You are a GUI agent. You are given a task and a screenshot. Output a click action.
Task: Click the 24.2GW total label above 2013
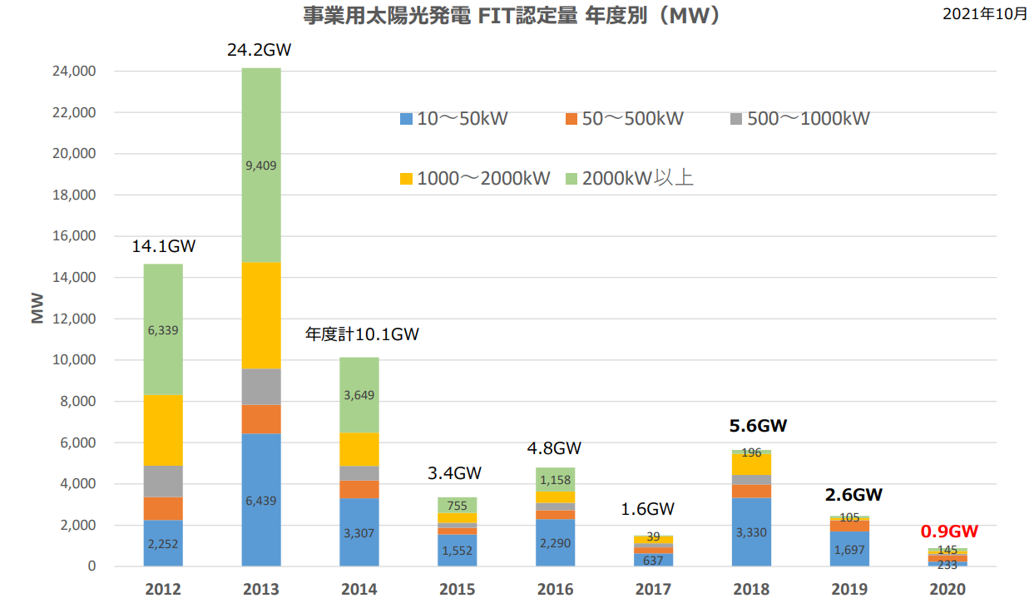pos(259,50)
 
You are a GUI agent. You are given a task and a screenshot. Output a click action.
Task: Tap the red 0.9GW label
pos(949,531)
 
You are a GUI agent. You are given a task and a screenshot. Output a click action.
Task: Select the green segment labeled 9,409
pos(261,166)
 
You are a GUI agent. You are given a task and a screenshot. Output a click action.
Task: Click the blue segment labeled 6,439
pos(261,500)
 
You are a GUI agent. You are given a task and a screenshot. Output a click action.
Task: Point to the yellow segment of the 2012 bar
pos(163,430)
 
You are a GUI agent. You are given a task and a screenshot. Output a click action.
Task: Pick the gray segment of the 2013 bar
pos(261,387)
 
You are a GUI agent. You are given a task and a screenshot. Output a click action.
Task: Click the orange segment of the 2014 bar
pos(359,489)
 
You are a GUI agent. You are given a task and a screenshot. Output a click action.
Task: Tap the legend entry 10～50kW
pos(453,119)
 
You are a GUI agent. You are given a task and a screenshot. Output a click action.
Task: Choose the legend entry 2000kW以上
pos(630,178)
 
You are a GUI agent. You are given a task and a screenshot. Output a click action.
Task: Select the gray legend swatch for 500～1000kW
pos(736,119)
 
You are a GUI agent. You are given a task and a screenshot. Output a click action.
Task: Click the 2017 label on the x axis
pos(653,589)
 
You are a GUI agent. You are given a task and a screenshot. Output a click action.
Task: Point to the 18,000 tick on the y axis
pos(74,195)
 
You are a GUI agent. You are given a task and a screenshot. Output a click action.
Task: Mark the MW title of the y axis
pos(37,308)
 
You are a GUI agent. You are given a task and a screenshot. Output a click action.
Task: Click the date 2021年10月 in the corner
pos(985,14)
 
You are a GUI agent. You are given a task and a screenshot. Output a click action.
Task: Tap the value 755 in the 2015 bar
pos(457,506)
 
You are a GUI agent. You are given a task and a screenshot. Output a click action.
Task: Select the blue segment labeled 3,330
pos(751,531)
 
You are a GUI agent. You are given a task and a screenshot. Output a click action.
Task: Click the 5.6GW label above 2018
pos(758,426)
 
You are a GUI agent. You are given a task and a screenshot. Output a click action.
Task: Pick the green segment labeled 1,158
pos(556,480)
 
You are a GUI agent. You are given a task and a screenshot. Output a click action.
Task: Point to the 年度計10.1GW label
pos(362,334)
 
